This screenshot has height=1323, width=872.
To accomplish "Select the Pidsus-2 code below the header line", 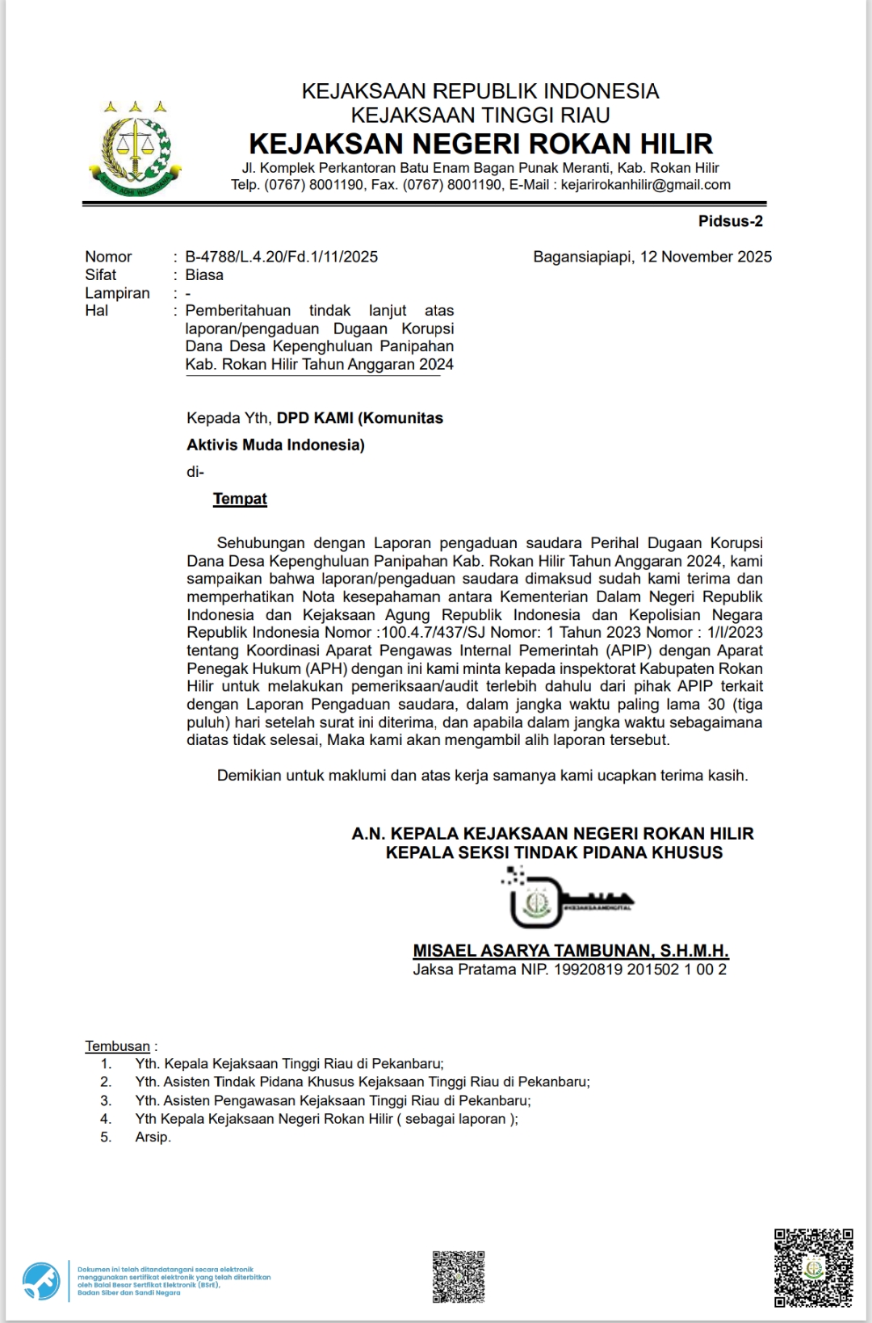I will [x=730, y=221].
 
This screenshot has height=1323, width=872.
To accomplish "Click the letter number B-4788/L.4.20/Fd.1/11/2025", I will [x=281, y=257].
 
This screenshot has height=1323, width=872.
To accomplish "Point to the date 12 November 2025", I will [x=706, y=257].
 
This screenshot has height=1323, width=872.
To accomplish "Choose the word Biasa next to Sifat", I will [x=204, y=275].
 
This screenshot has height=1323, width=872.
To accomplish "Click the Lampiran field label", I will [x=117, y=293].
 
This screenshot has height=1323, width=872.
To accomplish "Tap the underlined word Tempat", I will [x=240, y=499].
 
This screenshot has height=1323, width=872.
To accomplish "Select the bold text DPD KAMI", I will [x=315, y=418].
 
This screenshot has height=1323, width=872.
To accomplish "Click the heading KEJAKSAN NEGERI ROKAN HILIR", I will [x=480, y=144].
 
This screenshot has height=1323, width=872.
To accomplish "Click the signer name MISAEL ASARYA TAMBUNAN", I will [x=533, y=951].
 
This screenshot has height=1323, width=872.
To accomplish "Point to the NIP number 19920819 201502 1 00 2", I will [x=639, y=969].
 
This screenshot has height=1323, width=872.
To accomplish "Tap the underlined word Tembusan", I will [x=118, y=1046].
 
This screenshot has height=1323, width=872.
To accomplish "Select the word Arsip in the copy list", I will [x=153, y=1137].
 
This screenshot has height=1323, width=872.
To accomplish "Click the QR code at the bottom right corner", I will [x=813, y=1267].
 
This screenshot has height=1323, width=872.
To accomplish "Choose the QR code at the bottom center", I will [x=459, y=1276].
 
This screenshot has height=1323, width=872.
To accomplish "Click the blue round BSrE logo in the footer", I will [x=41, y=1281].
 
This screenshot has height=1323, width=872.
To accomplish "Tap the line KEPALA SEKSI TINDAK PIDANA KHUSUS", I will [x=554, y=853].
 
